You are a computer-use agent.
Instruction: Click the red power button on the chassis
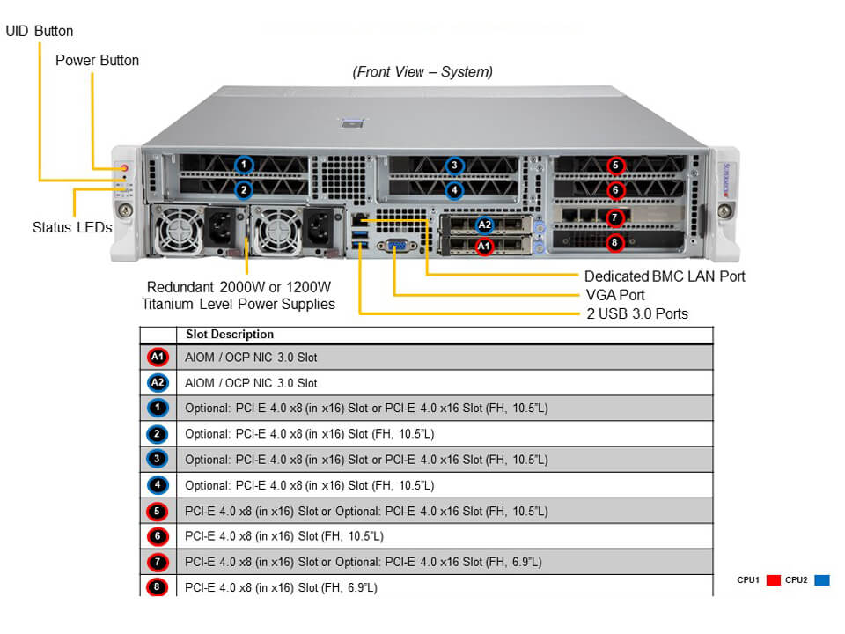125,167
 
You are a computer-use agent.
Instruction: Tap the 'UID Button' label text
40,32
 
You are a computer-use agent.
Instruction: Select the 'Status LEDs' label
72,227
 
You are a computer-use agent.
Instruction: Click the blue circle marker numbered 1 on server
245,164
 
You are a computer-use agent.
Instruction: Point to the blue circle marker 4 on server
454,188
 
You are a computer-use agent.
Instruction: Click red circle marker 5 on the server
616,165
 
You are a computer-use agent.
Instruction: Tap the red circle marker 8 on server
616,242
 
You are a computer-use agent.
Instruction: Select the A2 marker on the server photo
484,225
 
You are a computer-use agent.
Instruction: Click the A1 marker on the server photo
483,247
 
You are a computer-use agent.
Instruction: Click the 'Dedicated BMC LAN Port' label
665,276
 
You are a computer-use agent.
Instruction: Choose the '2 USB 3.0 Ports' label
636,313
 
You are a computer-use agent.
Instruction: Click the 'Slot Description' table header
230,335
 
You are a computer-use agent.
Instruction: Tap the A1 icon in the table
158,357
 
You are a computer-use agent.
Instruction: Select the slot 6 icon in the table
158,535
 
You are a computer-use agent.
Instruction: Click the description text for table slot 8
281,586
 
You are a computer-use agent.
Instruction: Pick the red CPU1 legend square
774,580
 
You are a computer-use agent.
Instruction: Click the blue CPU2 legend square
822,580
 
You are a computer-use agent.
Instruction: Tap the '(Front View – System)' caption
422,72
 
